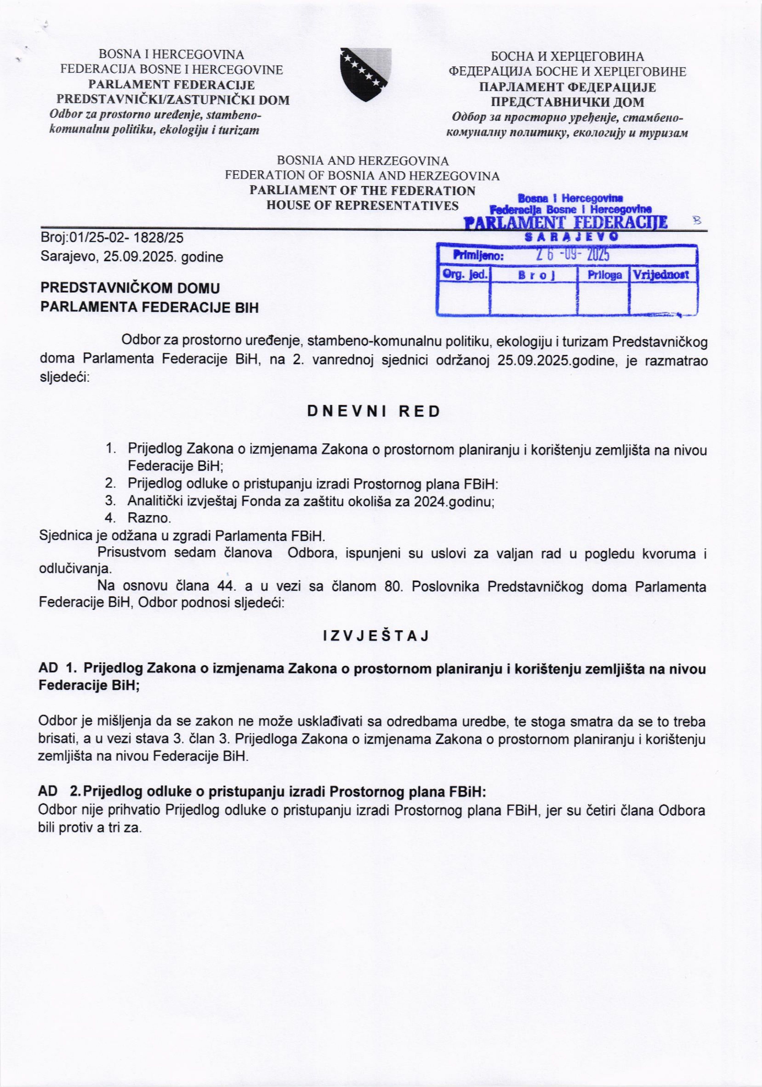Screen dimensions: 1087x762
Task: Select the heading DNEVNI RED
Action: (x=374, y=411)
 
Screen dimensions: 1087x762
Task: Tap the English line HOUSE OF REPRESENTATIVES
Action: (x=362, y=205)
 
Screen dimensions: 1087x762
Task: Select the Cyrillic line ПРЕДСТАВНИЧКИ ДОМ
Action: (x=567, y=102)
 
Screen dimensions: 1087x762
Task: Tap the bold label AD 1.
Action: (x=57, y=669)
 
